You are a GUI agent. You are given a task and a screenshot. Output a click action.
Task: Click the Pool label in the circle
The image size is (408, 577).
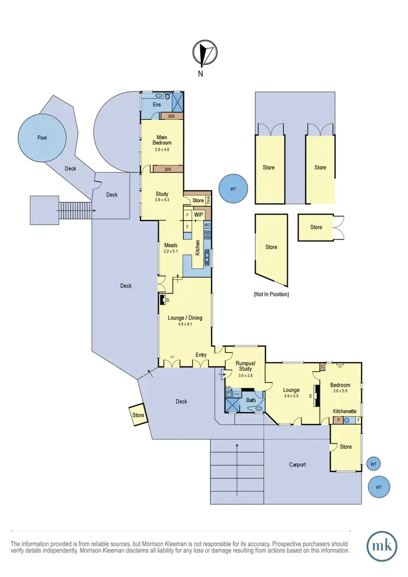tap(42, 138)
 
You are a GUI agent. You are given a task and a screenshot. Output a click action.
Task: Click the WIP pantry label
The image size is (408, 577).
tap(198, 215)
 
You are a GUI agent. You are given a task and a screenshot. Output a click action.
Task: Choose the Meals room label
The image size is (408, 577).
tap(171, 245)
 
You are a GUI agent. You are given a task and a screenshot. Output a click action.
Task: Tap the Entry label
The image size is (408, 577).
tap(201, 355)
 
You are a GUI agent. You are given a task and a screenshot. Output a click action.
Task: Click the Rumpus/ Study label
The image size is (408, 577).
tap(245, 365)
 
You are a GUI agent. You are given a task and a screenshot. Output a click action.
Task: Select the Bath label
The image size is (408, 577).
tap(250, 400)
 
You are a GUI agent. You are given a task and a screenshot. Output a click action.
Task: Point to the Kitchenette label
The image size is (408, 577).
tap(344, 411)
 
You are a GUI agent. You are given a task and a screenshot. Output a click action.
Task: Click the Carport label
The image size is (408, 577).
tap(298, 464)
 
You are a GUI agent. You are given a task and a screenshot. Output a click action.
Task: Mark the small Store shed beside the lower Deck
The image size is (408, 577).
tap(138, 415)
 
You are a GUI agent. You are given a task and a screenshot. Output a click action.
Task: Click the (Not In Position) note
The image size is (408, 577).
tap(271, 294)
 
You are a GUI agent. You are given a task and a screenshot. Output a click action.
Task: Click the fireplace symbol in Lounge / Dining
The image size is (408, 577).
tap(162, 300)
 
